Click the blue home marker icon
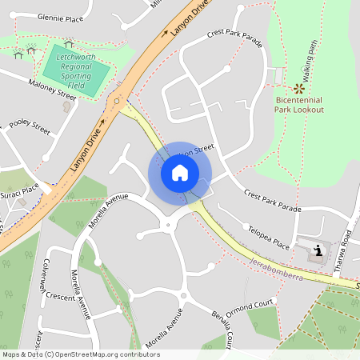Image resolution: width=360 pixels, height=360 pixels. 180,173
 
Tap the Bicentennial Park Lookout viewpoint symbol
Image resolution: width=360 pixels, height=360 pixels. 299,88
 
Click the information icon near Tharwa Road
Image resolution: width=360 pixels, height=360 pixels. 318,250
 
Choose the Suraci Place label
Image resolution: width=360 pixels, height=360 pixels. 19,192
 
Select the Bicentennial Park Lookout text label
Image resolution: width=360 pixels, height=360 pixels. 299,104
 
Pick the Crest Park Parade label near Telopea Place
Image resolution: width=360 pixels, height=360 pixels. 273,202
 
